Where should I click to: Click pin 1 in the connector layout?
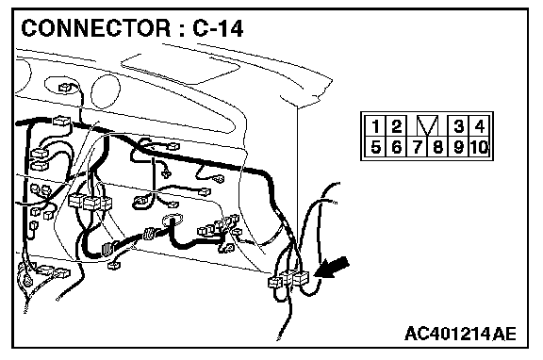[x=374, y=126]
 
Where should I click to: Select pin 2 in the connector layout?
[x=396, y=126]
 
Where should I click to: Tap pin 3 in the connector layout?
[x=458, y=126]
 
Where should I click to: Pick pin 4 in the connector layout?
[x=479, y=126]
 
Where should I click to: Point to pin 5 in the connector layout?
[x=374, y=147]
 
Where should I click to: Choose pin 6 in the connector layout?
[x=396, y=147]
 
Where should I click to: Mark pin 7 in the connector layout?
[x=417, y=147]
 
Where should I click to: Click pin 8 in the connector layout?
[x=437, y=147]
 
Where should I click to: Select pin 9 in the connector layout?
[x=458, y=147]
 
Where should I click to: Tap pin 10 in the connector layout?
[x=479, y=147]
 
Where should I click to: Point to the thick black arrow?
[x=332, y=268]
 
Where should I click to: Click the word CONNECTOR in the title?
[x=96, y=28]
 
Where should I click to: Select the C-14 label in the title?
[x=218, y=28]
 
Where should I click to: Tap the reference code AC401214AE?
[x=460, y=334]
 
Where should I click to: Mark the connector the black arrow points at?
[x=300, y=278]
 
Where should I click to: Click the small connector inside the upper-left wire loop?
[x=65, y=88]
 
